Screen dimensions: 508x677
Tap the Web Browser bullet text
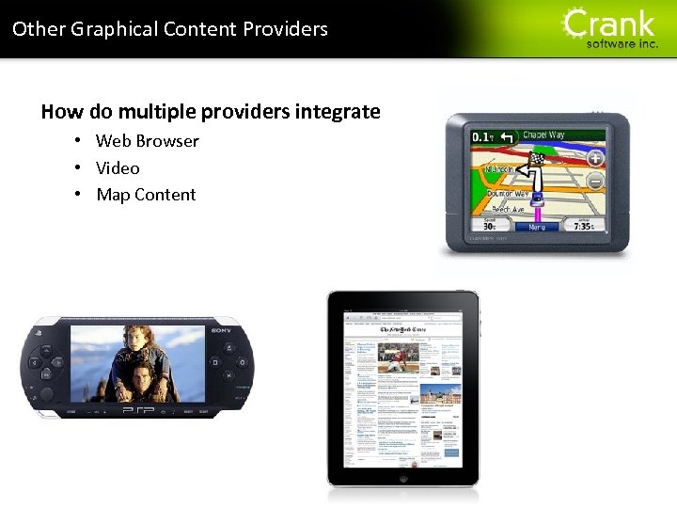[x=148, y=141]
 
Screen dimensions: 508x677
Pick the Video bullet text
[x=118, y=168]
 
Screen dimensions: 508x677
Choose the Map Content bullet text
[x=146, y=195]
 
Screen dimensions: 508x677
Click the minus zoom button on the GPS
[x=594, y=181]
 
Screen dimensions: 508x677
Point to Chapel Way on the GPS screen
[x=543, y=135]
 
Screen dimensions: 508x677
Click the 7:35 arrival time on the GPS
[x=583, y=226]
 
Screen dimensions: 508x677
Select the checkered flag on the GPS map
[x=537, y=160]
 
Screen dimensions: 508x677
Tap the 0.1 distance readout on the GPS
[x=482, y=137]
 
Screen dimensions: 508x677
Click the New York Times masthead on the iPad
[x=403, y=329]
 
